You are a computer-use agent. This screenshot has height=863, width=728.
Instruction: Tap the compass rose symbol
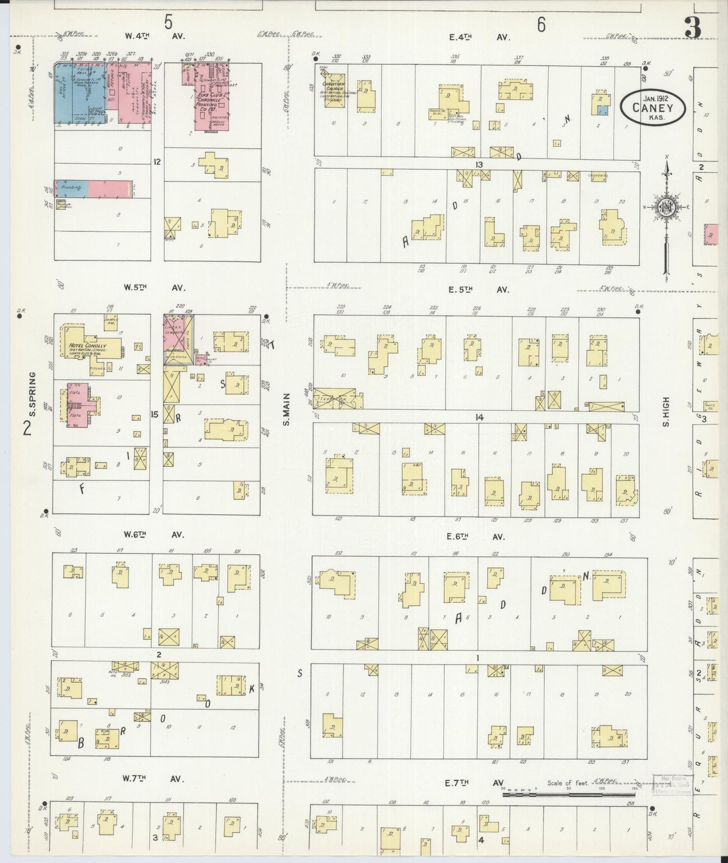coord(666,207)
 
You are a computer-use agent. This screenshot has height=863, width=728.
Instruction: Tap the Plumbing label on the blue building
coord(72,187)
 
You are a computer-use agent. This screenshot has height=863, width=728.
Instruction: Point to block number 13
coord(478,164)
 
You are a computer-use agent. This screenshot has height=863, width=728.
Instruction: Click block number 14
coord(479,417)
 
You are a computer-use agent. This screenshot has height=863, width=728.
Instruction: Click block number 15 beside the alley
coord(155,414)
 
